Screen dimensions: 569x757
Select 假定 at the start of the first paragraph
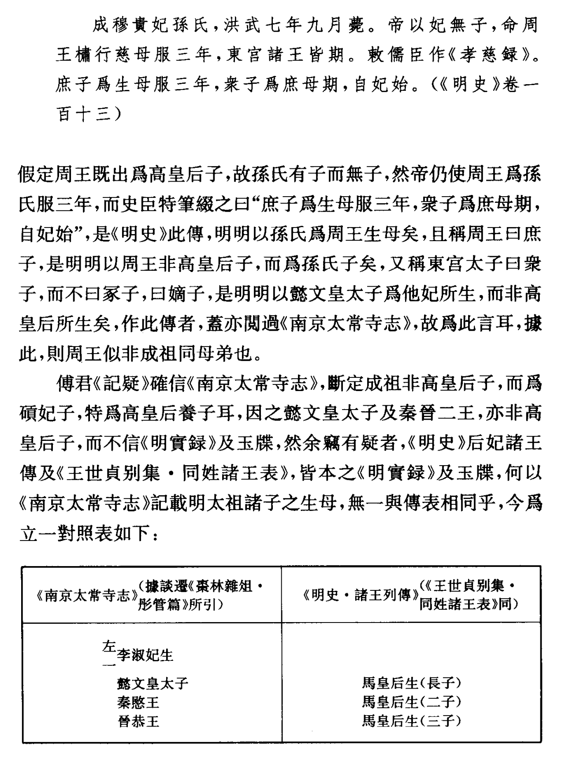[x=37, y=175]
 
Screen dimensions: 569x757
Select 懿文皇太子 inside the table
[x=152, y=683]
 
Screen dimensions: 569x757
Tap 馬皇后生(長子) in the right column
[x=411, y=683]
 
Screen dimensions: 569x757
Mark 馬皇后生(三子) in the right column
[x=411, y=722]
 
